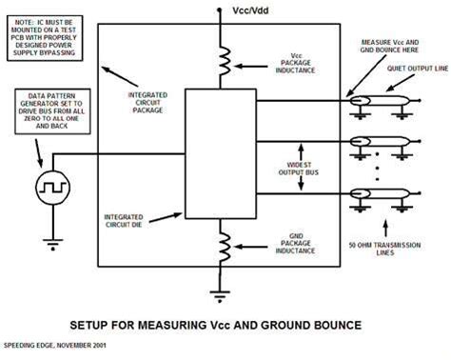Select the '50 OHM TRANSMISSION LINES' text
(384, 249)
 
